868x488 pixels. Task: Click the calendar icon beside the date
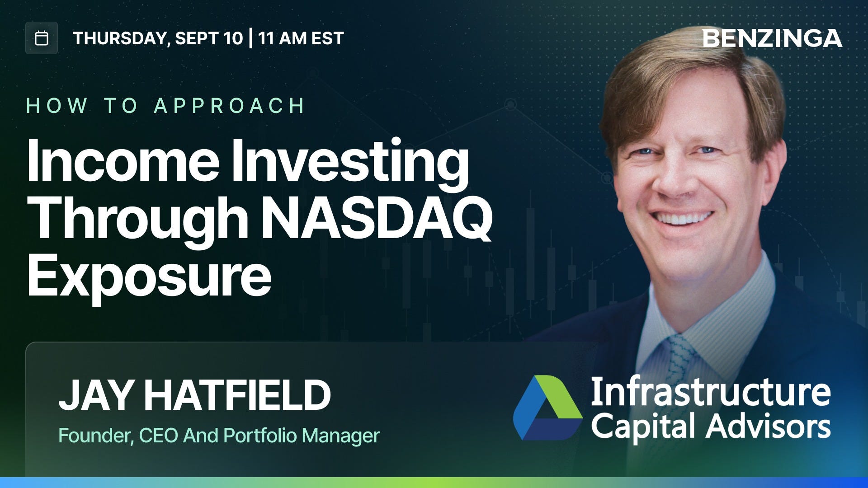click(x=42, y=38)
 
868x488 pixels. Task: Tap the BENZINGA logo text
click(x=772, y=38)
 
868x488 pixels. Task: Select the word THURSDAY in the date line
click(x=121, y=39)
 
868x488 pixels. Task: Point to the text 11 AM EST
click(x=301, y=38)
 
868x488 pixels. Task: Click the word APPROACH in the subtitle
click(x=229, y=106)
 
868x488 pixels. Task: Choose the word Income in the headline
click(x=123, y=160)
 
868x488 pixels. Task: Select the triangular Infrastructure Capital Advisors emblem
click(x=547, y=407)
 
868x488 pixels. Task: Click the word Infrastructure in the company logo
click(x=710, y=392)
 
